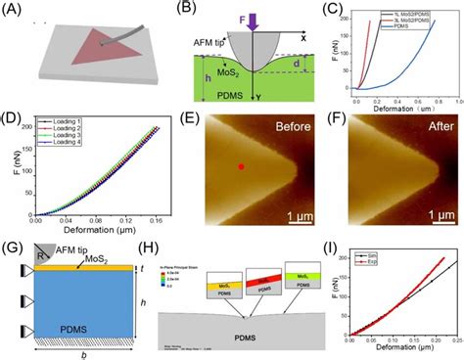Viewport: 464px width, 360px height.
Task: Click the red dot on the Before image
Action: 240,167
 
